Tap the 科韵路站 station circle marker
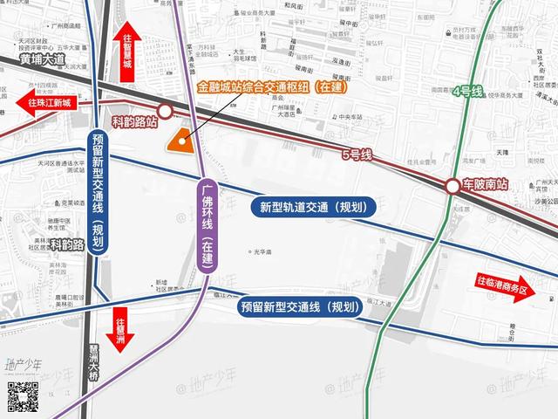click(x=165, y=112)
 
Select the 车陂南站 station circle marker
click(x=453, y=186)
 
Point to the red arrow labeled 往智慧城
click(x=127, y=52)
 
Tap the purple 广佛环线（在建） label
click(x=207, y=225)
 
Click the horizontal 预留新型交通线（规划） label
click(x=299, y=306)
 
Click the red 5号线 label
click(x=357, y=155)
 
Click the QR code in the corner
click(x=23, y=397)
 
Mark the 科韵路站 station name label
click(x=134, y=124)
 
